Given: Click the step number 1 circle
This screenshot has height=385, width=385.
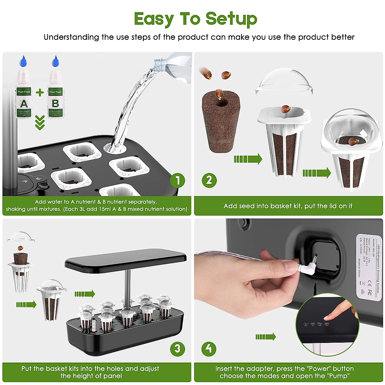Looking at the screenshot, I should click(x=178, y=180).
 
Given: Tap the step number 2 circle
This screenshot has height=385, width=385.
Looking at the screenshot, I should click(x=209, y=180).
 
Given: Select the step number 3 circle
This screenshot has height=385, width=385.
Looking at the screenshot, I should click(x=177, y=348).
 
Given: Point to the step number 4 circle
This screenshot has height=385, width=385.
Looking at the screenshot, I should click(x=209, y=348).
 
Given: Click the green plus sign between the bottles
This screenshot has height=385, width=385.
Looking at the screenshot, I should click(x=40, y=93).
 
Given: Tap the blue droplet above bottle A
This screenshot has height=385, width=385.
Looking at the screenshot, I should click(x=23, y=61).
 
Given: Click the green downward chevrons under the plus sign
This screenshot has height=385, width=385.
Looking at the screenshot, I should click(x=40, y=123).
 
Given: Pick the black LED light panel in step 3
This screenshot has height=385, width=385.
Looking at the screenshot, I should click(x=125, y=260).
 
